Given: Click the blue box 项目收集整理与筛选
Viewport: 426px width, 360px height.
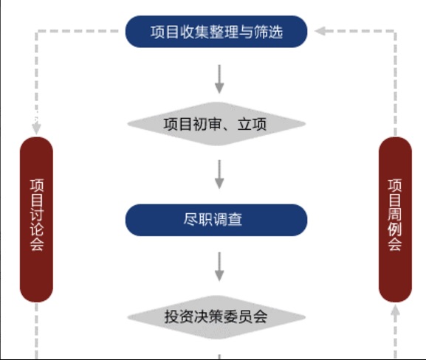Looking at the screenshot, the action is pos(216,32).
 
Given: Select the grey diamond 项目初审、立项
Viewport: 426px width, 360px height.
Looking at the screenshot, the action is pos(216,124).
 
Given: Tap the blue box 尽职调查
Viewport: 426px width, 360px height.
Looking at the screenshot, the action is pos(216,220).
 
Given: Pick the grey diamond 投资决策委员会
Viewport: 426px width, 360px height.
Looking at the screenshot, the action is pos(216,317).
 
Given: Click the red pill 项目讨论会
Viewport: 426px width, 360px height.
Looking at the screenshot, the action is pos(36,219).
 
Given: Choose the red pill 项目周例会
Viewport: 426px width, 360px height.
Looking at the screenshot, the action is pos(395,219).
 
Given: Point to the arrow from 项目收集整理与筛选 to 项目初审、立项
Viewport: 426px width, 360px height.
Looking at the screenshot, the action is pos(219,79).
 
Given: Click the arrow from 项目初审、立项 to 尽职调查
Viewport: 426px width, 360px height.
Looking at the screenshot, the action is pos(219,174).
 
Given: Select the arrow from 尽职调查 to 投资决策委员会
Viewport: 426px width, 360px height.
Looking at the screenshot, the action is pos(219,266).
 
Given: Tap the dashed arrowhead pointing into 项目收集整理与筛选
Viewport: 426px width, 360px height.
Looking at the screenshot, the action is pos(320,31).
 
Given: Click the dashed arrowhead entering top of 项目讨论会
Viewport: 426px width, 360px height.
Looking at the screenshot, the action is pos(36,128).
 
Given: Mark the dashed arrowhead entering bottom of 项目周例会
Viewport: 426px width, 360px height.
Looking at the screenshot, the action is pos(395,310).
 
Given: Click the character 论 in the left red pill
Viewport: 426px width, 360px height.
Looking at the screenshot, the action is pos(37,229).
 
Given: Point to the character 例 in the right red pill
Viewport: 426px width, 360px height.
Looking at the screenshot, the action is pos(395,229).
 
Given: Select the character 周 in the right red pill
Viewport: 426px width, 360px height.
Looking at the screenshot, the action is pos(395,215).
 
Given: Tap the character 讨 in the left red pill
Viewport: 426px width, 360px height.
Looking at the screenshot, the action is pos(37,215).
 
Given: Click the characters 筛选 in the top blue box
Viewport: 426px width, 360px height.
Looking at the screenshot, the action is pos(268,32).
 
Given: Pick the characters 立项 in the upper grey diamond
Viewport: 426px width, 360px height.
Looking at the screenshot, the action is pos(252,125).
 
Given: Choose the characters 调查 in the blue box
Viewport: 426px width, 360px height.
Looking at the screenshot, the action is pos(227,219).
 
